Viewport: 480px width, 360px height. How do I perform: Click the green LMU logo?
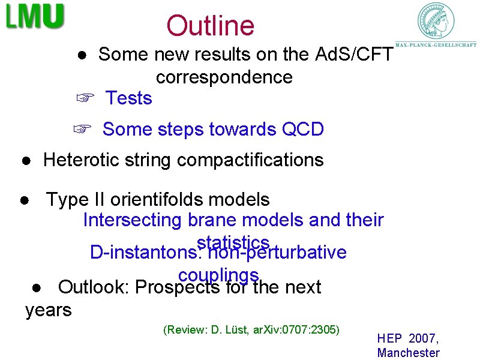point(35,17)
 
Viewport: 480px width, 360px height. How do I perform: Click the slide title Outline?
point(211,26)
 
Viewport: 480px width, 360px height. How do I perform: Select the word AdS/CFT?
point(354,55)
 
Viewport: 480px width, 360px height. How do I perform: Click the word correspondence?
point(224,77)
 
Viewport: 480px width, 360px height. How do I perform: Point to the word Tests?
point(129,98)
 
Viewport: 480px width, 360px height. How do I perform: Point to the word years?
point(48,310)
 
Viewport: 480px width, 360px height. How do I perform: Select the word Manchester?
point(408,353)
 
